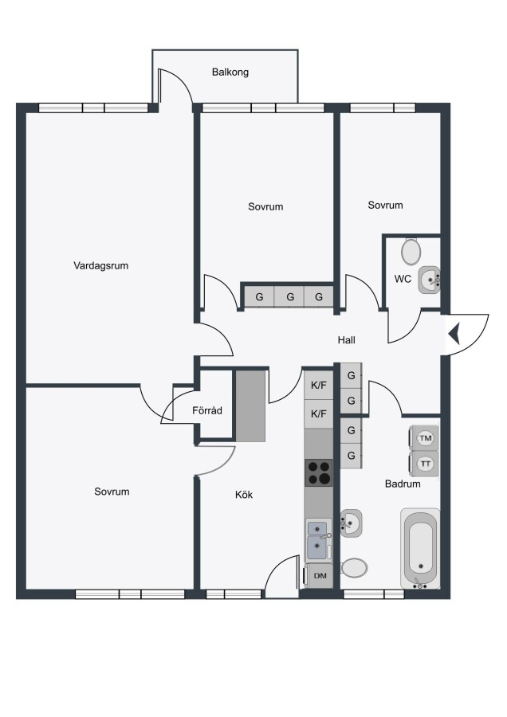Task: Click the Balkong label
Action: click(x=230, y=72)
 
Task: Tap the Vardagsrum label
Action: click(x=100, y=265)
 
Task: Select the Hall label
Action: click(x=347, y=339)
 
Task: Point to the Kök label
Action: click(x=244, y=494)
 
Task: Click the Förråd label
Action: click(x=207, y=410)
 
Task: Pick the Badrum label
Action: click(x=403, y=484)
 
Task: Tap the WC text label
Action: click(x=403, y=279)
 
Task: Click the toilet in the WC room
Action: click(x=411, y=251)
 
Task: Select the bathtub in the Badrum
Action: click(x=421, y=548)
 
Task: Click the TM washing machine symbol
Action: click(x=425, y=438)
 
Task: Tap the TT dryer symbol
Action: click(x=425, y=464)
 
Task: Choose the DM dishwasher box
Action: click(x=320, y=576)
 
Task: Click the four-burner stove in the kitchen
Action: click(x=319, y=472)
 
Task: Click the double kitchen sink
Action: click(x=319, y=540)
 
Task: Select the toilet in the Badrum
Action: click(x=354, y=568)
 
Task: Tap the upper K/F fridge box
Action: click(x=319, y=385)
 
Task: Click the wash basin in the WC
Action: click(x=429, y=280)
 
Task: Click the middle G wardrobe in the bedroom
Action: click(x=289, y=297)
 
